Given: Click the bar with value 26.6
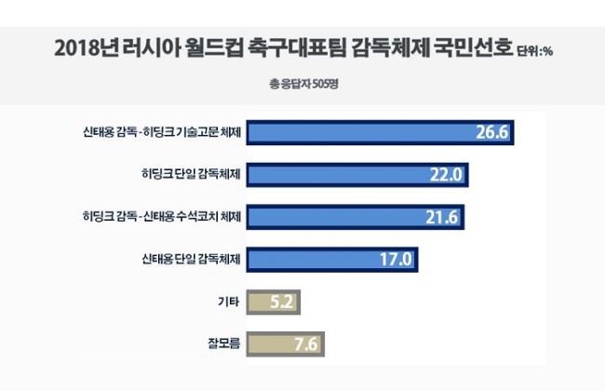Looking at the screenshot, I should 382,132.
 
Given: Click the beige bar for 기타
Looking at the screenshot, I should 275,302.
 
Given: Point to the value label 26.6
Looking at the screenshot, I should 491,132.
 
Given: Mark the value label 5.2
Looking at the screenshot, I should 281,302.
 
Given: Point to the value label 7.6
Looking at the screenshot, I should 305,344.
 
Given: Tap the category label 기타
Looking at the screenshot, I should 228,302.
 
